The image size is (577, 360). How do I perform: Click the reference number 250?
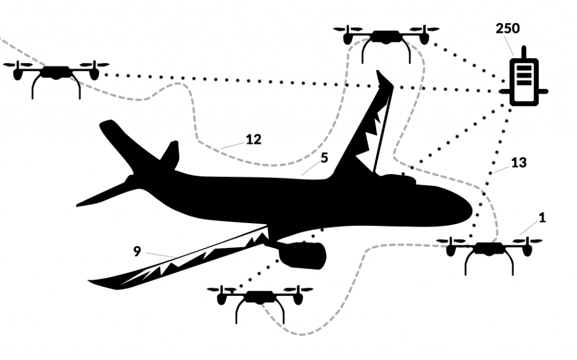(x=508, y=28)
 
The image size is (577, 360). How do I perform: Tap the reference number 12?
(x=253, y=140)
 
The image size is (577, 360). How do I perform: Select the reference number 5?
(x=324, y=158)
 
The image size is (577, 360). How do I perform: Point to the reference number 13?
(x=518, y=162)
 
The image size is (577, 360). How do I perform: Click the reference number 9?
(x=137, y=251)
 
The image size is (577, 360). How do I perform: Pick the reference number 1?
(x=542, y=218)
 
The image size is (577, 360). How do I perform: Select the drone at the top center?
(x=386, y=44)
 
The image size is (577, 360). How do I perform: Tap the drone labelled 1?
(x=489, y=256)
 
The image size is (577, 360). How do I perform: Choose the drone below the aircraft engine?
(x=260, y=304)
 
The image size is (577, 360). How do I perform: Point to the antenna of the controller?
(x=523, y=52)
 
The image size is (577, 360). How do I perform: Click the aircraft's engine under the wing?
(x=302, y=255)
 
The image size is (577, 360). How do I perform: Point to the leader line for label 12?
(x=233, y=145)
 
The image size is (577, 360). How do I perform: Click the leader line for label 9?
(x=160, y=255)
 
